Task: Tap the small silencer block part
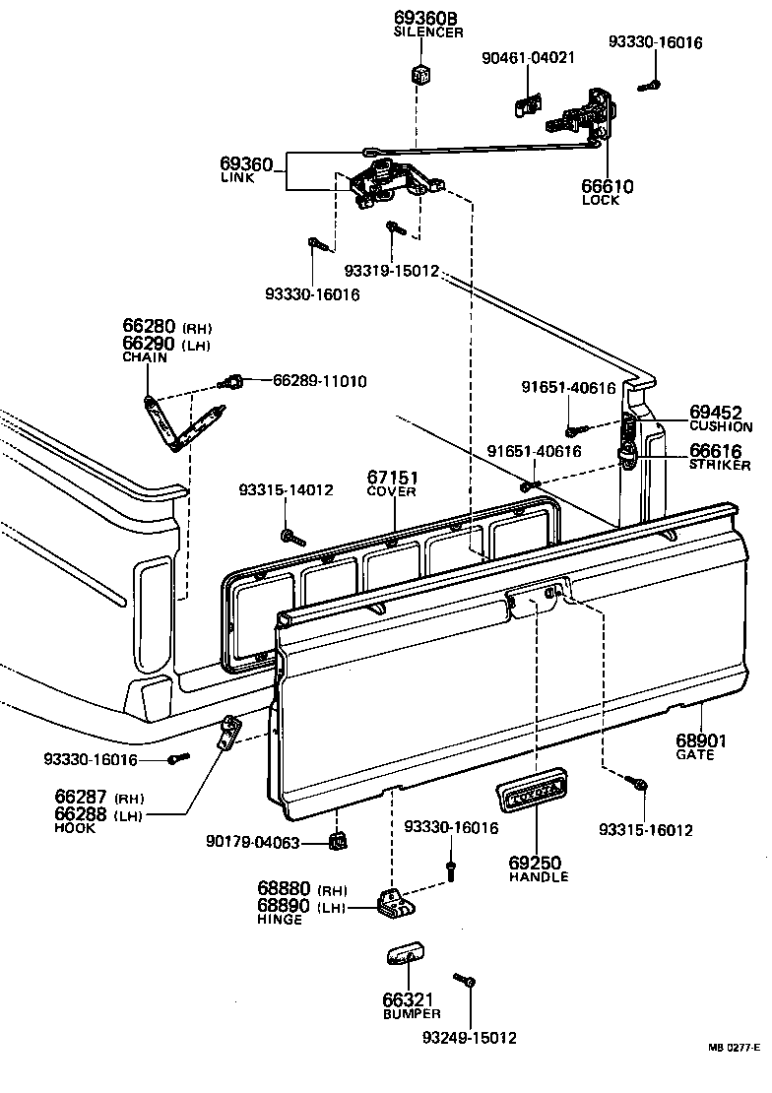(422, 74)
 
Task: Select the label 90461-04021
(528, 58)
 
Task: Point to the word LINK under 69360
(236, 178)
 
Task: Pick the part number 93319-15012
(391, 271)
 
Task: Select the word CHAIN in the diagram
(145, 358)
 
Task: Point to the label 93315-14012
(286, 489)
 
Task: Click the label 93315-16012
(645, 830)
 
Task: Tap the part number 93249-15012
(469, 1037)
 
